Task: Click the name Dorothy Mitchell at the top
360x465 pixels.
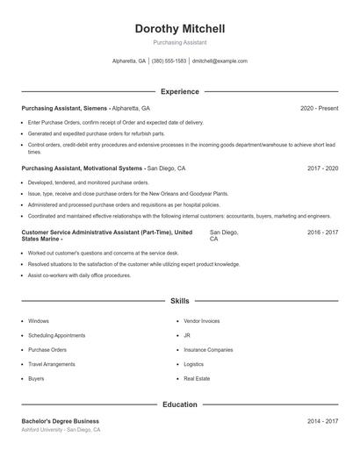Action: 179,28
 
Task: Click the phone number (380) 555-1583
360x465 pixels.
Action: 169,61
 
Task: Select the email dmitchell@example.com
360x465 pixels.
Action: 220,61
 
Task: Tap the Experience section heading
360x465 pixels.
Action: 179,91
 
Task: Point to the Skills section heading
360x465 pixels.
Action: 179,301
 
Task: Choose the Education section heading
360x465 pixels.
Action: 179,404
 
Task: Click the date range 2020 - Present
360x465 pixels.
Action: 319,108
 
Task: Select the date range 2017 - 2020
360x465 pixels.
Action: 322,167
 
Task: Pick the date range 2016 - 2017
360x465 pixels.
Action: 322,232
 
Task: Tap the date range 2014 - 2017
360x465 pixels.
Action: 322,422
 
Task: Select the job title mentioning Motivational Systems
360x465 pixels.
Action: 83,167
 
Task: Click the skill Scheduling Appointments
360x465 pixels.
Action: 56,335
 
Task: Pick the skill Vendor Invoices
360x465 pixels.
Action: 201,321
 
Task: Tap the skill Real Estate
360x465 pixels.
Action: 196,378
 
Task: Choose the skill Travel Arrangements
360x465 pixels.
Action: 52,364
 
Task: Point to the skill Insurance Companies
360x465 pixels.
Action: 207,349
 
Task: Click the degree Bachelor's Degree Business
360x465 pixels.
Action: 60,422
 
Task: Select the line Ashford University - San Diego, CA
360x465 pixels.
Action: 61,431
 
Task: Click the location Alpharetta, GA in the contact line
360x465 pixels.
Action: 129,61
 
